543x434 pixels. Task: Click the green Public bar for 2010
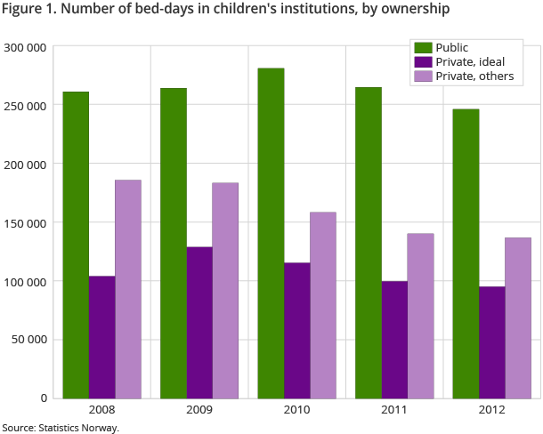click(271, 233)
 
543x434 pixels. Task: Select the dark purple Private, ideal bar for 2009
click(199, 322)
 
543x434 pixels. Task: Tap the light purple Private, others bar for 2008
click(127, 288)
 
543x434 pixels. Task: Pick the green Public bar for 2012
click(466, 253)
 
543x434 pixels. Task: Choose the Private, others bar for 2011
click(420, 315)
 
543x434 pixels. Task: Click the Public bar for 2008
click(76, 245)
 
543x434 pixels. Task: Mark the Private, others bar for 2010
click(323, 304)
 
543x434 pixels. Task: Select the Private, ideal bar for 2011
click(394, 339)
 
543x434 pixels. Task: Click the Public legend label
click(451, 47)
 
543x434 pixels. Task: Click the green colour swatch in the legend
click(421, 47)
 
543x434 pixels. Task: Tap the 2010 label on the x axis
click(297, 411)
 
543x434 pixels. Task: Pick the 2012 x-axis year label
click(491, 411)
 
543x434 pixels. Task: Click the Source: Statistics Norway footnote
click(61, 428)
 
